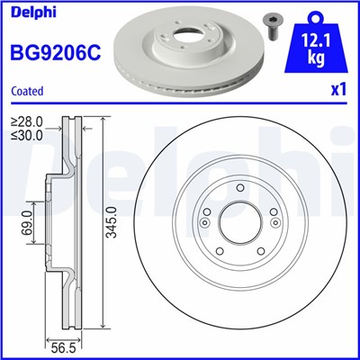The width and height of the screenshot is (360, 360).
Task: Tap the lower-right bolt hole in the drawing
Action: coord(256,252)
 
